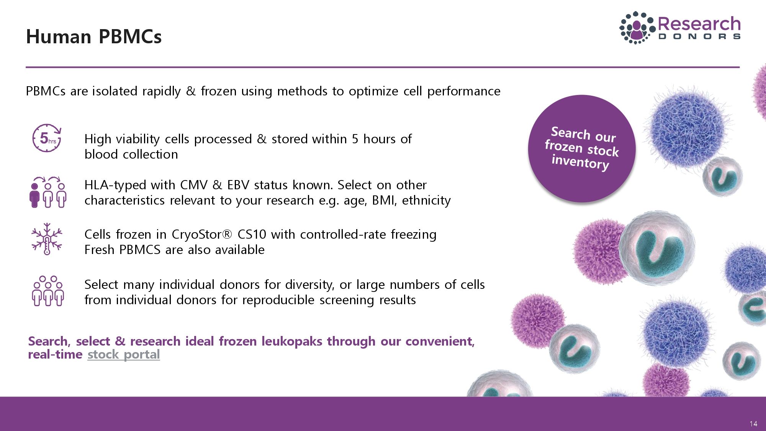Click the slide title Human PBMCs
point(94,37)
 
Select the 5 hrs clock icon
point(47,138)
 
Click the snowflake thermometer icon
point(47,239)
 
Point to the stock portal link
point(124,355)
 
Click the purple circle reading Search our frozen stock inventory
point(582,149)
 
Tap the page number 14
point(753,424)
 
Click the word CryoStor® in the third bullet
point(202,234)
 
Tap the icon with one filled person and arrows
point(48,192)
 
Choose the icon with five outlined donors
point(48,291)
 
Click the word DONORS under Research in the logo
point(699,37)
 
